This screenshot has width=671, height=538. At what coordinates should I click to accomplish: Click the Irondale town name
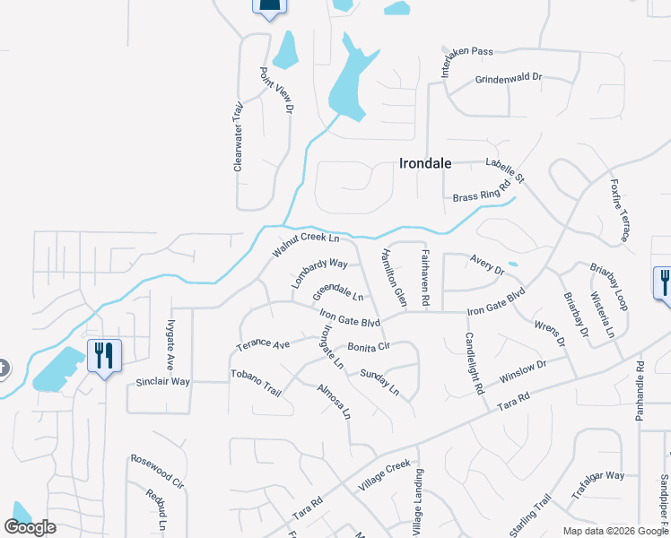point(425,164)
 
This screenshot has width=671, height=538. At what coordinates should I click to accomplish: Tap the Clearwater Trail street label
point(239,136)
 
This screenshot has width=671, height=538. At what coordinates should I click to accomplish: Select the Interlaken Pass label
point(457,62)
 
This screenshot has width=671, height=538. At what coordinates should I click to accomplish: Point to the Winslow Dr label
point(523,369)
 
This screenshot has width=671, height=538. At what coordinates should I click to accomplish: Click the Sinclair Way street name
point(162,382)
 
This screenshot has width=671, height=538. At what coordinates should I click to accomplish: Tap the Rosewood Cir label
point(157,471)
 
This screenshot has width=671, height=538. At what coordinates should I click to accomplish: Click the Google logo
point(30,527)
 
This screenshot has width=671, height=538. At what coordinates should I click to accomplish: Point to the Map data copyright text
point(614,531)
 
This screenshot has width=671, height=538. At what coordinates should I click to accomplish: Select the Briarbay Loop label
point(609,287)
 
